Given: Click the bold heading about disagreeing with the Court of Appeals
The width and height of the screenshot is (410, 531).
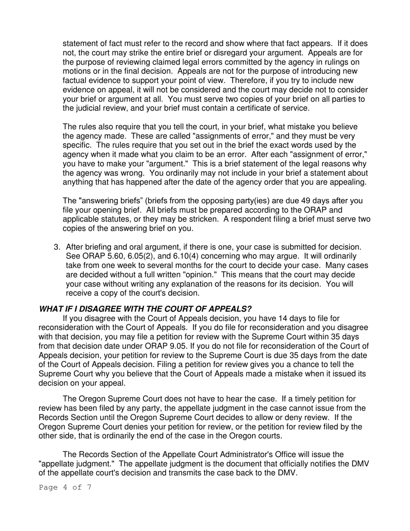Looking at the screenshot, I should pyautogui.click(x=145, y=309).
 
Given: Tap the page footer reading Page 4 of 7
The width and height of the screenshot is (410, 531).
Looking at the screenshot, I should pyautogui.click(x=65, y=488).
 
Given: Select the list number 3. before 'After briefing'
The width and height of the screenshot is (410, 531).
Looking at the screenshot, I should pyautogui.click(x=57, y=247).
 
